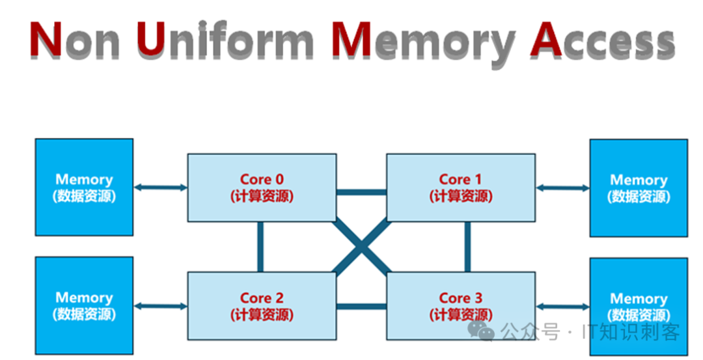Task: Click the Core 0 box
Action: tap(262, 187)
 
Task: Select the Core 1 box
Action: tap(461, 187)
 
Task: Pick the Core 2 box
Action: tap(262, 306)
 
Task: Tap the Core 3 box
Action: tap(461, 306)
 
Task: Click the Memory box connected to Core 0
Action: tap(84, 187)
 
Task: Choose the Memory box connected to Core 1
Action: tap(638, 187)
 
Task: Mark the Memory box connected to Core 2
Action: tap(84, 305)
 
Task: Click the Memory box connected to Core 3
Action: tap(638, 306)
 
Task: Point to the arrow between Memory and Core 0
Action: tap(160, 188)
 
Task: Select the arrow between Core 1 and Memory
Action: tap(562, 188)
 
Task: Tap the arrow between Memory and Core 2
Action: tap(160, 306)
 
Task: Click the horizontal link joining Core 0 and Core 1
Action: tap(361, 192)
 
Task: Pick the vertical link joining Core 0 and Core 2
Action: tap(260, 247)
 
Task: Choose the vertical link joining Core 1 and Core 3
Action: tap(467, 247)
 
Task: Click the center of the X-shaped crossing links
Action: tap(361, 247)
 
